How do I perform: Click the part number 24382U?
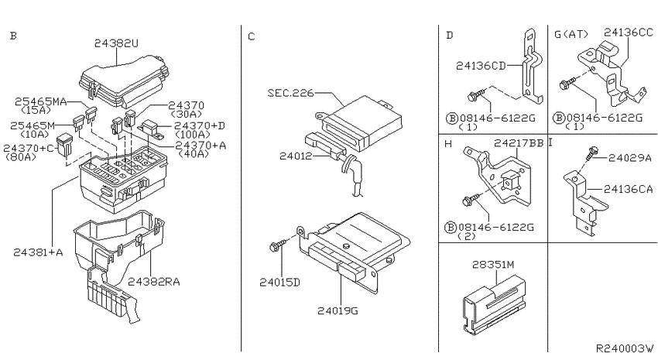click(116, 43)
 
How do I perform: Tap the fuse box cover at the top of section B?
click(124, 84)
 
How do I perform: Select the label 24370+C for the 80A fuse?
click(29, 148)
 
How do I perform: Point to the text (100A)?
click(192, 135)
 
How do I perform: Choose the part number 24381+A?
click(38, 252)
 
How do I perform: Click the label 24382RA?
click(153, 282)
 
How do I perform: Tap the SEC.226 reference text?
click(290, 92)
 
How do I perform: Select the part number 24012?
click(296, 156)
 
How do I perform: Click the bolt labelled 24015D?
click(278, 245)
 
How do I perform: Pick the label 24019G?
click(338, 311)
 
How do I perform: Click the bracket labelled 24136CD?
click(531, 67)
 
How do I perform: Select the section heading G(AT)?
click(571, 34)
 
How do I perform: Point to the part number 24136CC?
click(629, 32)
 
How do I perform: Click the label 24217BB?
click(518, 143)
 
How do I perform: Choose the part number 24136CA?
click(629, 189)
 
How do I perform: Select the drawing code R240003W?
click(625, 348)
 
